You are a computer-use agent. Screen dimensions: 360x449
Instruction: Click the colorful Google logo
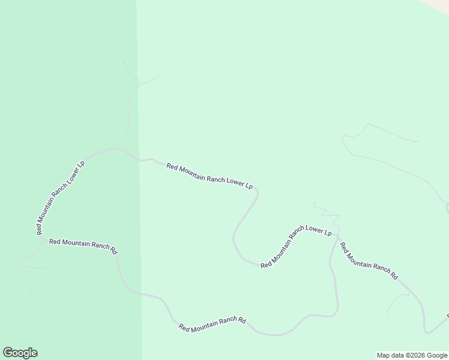(20, 353)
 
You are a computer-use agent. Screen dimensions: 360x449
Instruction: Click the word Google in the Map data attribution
(437, 355)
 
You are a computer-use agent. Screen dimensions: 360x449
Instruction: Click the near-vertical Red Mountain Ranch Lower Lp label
(60, 198)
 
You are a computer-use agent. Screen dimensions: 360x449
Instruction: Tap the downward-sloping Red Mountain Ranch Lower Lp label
(209, 176)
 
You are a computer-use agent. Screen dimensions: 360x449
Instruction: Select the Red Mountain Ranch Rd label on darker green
(83, 246)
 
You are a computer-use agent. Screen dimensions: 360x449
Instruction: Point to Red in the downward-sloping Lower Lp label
(172, 167)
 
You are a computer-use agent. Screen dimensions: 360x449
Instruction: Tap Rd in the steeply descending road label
(393, 276)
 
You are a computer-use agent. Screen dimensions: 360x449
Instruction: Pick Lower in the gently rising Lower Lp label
(315, 230)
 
